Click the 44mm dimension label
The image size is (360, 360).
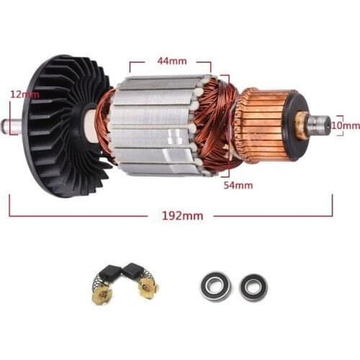(170, 62)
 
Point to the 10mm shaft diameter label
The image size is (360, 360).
(347, 125)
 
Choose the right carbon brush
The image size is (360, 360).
(134, 271)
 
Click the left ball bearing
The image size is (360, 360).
(215, 286)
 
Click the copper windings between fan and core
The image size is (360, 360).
(105, 122)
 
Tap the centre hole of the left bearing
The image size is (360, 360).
(215, 286)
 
